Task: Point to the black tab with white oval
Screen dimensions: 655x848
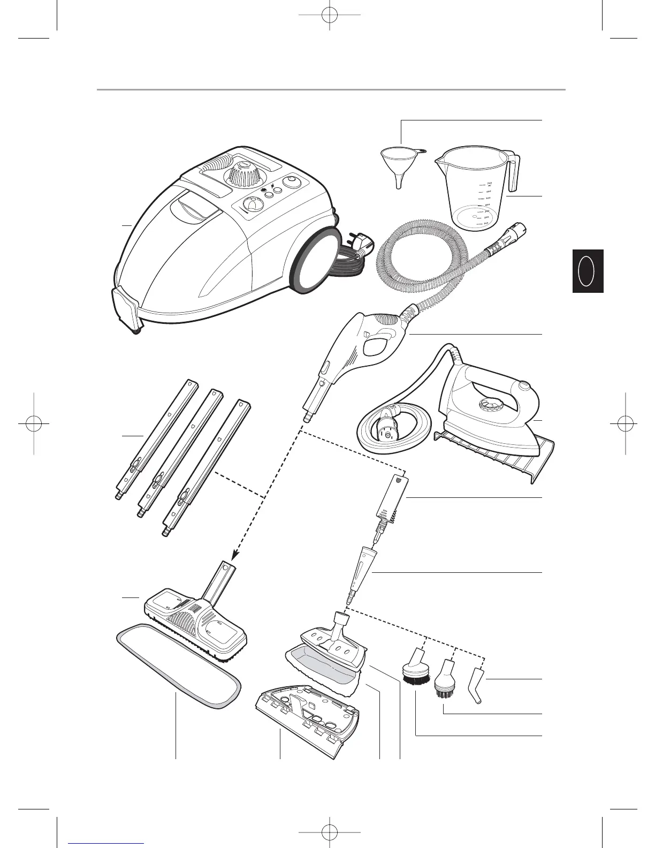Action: tap(588, 271)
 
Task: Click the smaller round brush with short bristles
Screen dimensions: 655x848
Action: tap(443, 682)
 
